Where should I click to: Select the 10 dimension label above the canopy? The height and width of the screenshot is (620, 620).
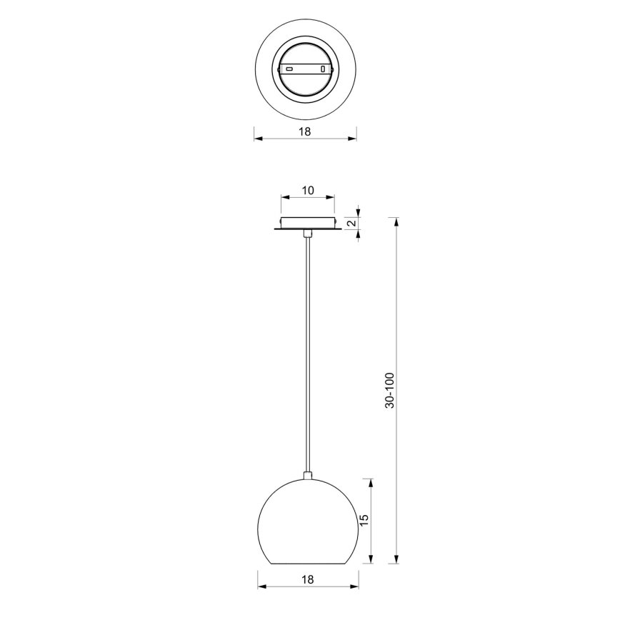click(x=308, y=190)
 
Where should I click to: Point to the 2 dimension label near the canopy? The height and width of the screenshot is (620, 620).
click(x=351, y=223)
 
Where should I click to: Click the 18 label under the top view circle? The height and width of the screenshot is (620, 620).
click(x=305, y=131)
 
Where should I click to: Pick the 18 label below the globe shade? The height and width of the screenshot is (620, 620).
click(x=308, y=580)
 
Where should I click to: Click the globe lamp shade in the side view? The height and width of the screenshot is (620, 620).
click(x=308, y=521)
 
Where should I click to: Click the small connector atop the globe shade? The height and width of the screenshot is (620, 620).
click(x=308, y=474)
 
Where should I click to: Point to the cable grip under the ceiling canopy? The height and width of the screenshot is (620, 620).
click(x=308, y=234)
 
